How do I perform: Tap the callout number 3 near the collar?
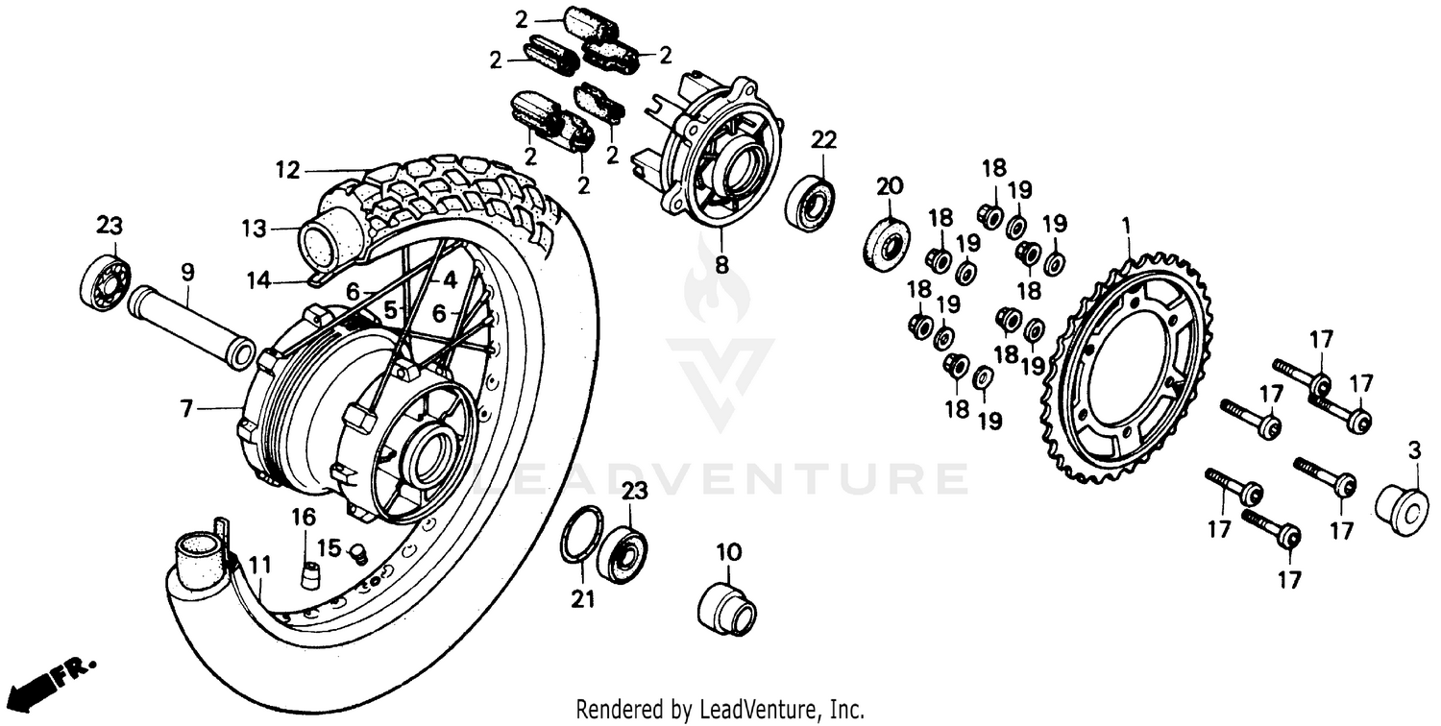(1413, 449)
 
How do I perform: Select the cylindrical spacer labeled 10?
(726, 609)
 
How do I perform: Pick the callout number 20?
(889, 185)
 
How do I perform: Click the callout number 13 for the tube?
(253, 230)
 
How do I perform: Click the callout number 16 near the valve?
(304, 519)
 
